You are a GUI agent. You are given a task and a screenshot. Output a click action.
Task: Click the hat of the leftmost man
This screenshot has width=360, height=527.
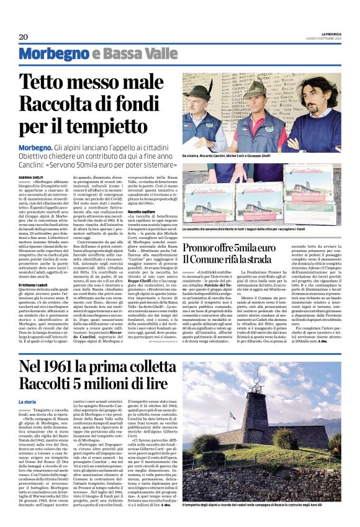(200, 89)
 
